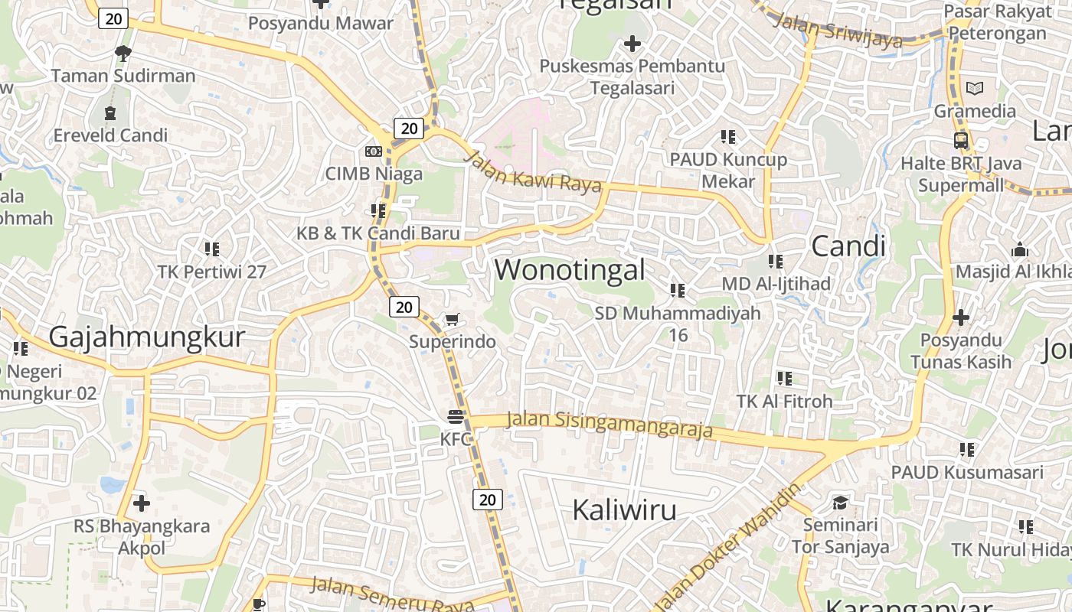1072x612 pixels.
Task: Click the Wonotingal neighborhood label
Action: [x=570, y=270]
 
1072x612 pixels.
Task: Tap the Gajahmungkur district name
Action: [x=147, y=337]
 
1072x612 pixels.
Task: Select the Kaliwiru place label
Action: [x=624, y=509]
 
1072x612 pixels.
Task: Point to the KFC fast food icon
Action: [x=456, y=418]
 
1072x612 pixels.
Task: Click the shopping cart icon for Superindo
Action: [x=453, y=320]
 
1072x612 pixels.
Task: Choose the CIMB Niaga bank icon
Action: [x=374, y=151]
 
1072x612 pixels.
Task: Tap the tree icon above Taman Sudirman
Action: [x=123, y=53]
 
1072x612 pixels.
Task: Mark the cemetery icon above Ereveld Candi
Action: [x=110, y=113]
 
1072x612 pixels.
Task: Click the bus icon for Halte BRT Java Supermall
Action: [x=960, y=141]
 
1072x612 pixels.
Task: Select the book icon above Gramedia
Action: [x=974, y=89]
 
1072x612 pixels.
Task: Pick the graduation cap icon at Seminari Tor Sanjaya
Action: [x=840, y=503]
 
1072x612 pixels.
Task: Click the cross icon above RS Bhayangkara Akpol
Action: [x=142, y=503]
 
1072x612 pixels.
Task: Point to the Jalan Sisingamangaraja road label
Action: [x=610, y=425]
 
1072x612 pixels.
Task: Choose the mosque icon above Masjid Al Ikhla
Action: [x=1019, y=250]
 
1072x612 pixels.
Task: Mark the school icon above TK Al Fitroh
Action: [x=784, y=378]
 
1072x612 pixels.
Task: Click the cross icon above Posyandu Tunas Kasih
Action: [x=960, y=317]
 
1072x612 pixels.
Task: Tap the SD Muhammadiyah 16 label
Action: [x=678, y=324]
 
